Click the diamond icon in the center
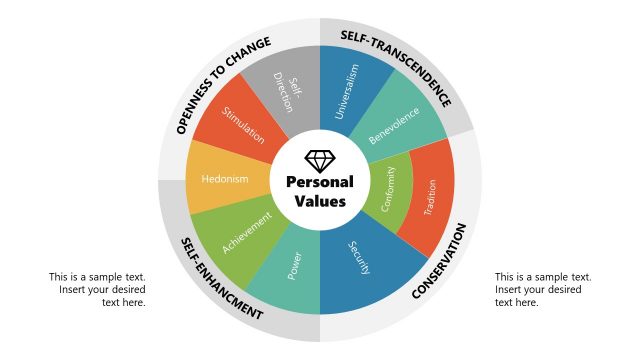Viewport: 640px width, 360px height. point(320,160)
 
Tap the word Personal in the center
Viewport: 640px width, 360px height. point(320,182)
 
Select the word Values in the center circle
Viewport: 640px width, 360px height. point(320,201)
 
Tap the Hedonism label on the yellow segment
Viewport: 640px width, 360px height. point(225,180)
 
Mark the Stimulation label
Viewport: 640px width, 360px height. point(243,125)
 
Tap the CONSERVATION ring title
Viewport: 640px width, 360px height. point(439,262)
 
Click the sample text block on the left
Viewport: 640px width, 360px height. point(97,290)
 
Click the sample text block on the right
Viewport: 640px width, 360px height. point(543,290)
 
